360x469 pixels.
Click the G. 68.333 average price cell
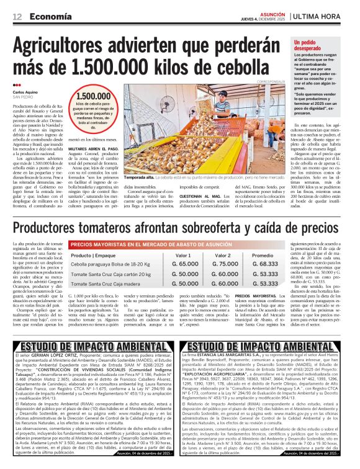[265, 264]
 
